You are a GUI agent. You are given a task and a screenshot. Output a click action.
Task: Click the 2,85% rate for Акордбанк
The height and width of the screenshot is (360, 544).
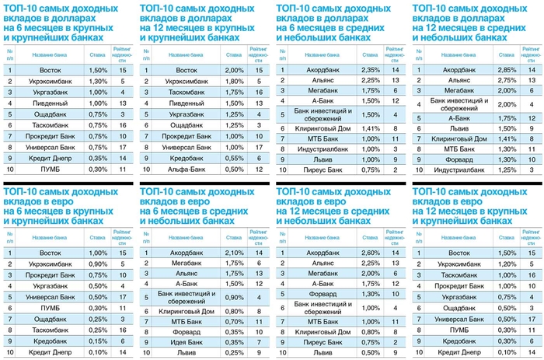pos(507,70)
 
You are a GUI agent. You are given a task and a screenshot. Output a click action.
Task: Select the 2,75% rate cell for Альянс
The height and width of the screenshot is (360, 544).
pos(507,80)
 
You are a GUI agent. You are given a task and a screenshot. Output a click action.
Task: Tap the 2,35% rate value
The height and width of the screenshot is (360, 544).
pos(370,70)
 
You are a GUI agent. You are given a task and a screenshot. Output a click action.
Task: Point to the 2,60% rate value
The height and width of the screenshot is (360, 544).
pos(370,253)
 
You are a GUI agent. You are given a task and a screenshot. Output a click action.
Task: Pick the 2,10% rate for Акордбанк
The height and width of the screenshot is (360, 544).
pos(234,253)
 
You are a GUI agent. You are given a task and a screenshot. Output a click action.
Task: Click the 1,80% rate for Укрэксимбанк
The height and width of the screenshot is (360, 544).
pos(234,81)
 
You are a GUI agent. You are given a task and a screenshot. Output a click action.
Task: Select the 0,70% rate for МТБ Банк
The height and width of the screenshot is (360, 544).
pos(234,320)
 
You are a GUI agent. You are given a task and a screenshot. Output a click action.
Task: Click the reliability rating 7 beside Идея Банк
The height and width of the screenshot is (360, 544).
pos(259,341)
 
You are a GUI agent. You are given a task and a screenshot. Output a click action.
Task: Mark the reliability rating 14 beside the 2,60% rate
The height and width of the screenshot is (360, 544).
pos(396,253)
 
